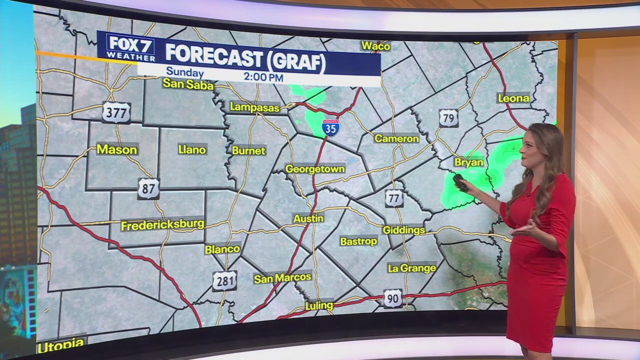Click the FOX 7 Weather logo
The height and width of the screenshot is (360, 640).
(x=130, y=47)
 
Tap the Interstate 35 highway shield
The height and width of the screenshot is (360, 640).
(x=330, y=128)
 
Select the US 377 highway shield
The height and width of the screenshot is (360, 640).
(x=116, y=112)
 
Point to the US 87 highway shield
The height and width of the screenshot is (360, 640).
(x=148, y=188)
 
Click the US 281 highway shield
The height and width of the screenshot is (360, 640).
(x=224, y=281)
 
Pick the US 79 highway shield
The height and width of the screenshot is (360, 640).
(x=448, y=118)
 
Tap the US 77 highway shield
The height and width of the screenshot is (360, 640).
(x=394, y=198)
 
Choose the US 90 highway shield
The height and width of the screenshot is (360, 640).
(x=393, y=299)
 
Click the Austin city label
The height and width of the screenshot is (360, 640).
(x=308, y=218)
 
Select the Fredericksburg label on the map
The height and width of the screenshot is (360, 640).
(x=162, y=225)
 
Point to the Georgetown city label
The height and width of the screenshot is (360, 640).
(x=315, y=169)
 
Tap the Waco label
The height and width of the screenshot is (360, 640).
(x=375, y=46)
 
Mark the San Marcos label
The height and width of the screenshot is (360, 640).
(x=282, y=278)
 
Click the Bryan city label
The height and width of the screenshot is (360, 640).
(x=468, y=162)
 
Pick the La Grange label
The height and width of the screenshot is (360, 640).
(x=412, y=268)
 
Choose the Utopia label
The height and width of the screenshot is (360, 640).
(x=60, y=344)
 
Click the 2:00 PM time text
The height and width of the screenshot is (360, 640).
(x=263, y=77)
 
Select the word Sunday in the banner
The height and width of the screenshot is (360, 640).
(x=184, y=72)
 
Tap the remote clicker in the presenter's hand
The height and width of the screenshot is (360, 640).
(x=460, y=182)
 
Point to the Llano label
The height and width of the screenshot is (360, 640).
(x=192, y=149)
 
